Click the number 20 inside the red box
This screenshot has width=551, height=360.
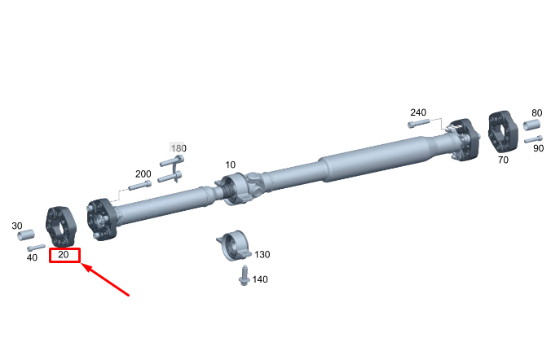click(x=64, y=254)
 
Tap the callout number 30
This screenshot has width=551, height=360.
click(x=17, y=226)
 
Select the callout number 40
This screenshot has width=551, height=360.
click(x=32, y=257)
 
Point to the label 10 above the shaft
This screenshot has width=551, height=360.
click(x=230, y=165)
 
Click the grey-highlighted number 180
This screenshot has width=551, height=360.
click(x=179, y=148)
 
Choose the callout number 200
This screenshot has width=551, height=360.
click(x=143, y=173)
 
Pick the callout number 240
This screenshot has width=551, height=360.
click(x=418, y=112)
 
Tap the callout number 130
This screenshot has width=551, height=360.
click(x=262, y=254)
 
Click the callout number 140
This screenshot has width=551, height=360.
click(x=260, y=279)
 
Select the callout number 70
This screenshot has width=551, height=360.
click(x=503, y=160)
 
